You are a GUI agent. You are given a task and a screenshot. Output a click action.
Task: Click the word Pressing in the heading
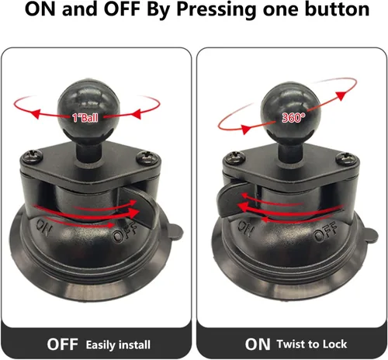217,10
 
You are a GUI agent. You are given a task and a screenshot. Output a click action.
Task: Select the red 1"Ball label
85,118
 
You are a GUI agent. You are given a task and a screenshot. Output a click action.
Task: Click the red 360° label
293,118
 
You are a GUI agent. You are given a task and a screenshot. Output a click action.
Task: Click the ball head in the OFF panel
88,106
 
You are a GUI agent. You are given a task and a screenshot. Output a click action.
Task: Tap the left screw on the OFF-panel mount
33,156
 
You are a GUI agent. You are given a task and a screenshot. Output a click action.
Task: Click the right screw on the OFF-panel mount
147,157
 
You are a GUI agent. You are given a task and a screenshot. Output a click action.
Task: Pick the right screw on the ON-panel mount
348,157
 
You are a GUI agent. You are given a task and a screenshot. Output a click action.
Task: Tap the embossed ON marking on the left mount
43,227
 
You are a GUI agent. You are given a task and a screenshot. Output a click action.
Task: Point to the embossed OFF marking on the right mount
325,231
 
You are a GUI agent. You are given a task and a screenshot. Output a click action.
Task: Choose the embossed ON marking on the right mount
245,228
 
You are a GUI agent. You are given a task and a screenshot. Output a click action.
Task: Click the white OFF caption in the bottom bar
62,344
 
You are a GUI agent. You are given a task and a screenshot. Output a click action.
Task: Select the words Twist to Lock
312,344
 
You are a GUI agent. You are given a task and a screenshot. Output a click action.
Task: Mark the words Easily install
118,345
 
